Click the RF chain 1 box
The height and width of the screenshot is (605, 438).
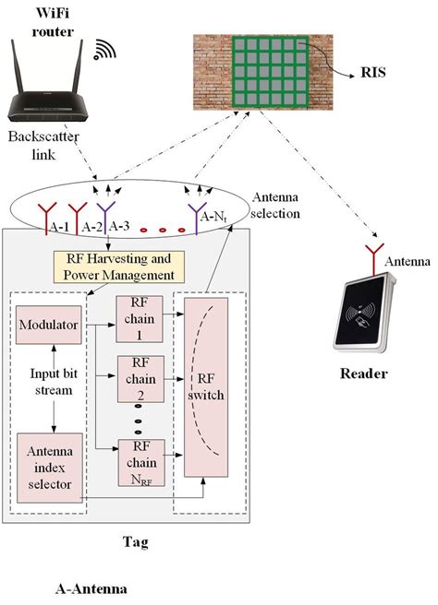coord(139,319)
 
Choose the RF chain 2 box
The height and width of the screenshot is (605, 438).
coord(139,376)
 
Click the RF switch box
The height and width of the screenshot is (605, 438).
coord(207,387)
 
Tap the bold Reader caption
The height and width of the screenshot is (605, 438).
coord(363,374)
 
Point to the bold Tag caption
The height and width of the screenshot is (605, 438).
coord(136,542)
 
